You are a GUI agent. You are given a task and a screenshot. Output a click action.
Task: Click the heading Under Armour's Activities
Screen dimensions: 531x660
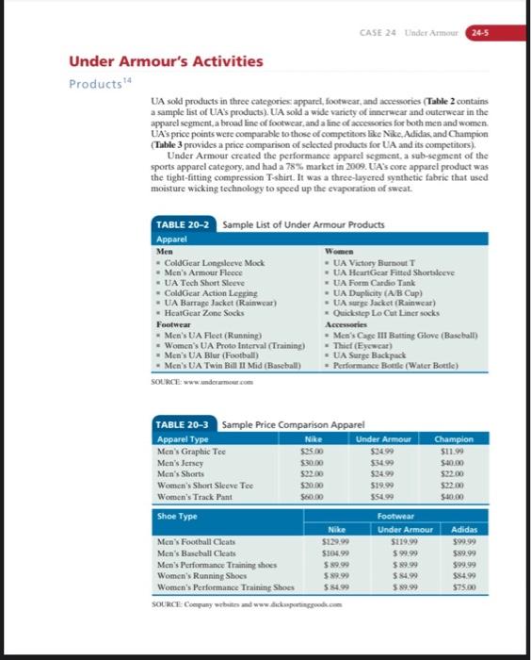pos(166,61)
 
